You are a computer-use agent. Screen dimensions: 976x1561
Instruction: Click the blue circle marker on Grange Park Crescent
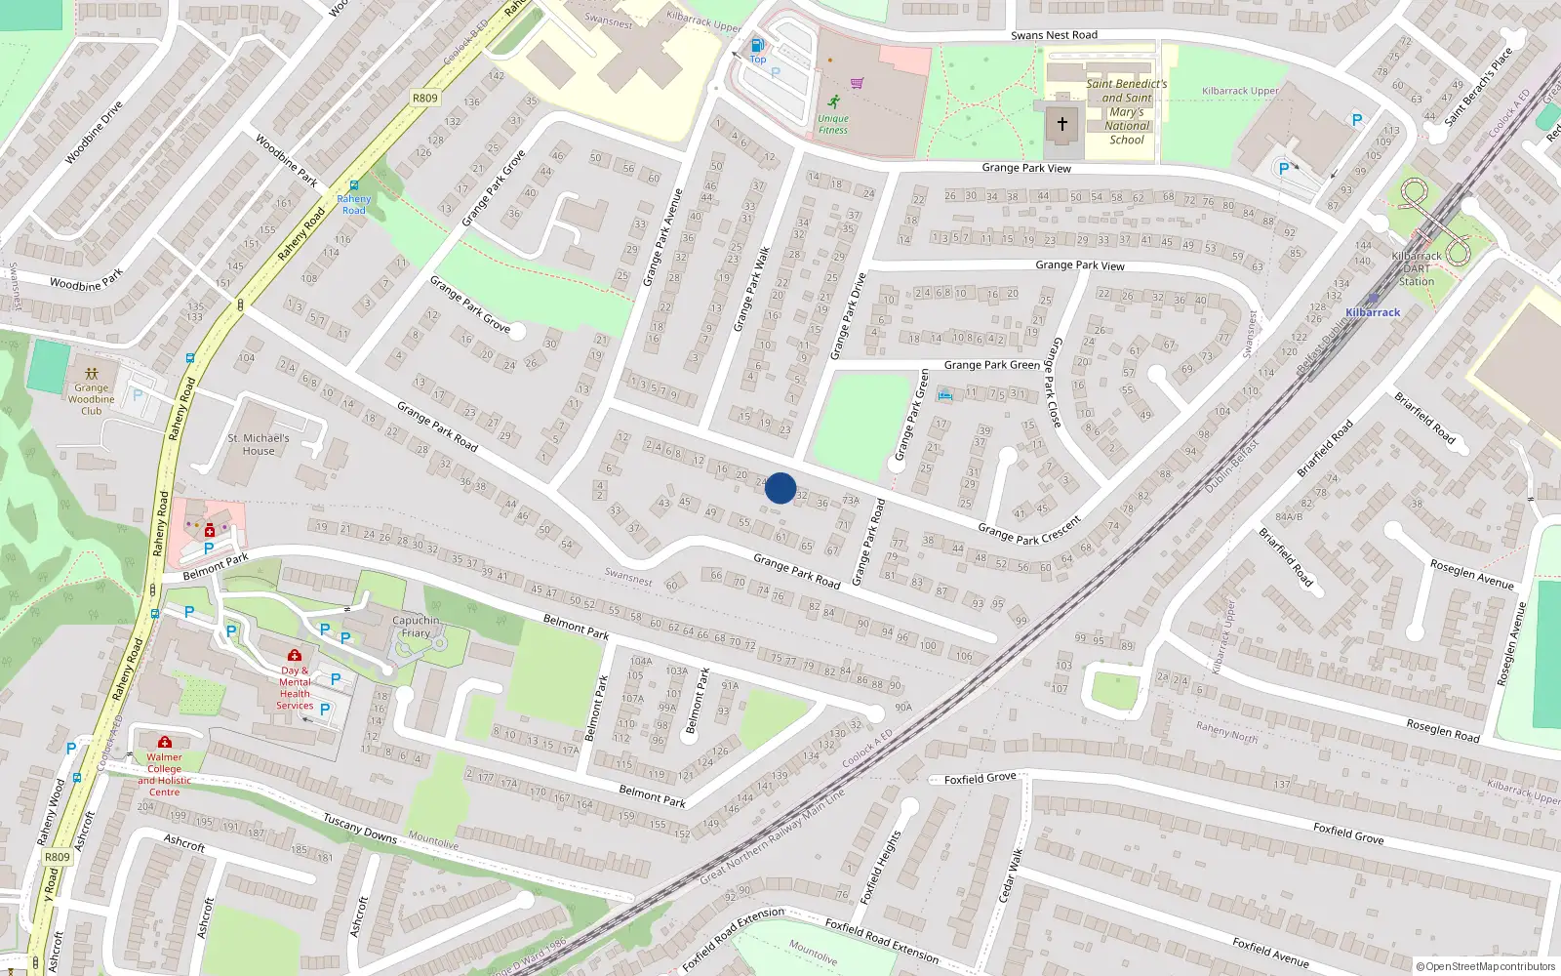[780, 488]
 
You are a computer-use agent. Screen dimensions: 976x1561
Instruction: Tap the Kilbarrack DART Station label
[1417, 268]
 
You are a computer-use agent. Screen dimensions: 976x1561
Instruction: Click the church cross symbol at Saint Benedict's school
[1062, 125]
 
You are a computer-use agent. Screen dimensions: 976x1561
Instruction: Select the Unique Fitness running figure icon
[833, 102]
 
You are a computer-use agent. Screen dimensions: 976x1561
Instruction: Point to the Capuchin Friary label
[416, 627]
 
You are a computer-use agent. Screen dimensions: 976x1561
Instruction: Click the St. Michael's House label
[259, 444]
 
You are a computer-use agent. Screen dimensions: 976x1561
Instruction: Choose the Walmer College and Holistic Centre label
[164, 774]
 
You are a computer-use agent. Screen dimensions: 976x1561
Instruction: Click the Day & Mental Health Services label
[295, 688]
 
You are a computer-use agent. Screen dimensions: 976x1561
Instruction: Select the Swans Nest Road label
[1054, 35]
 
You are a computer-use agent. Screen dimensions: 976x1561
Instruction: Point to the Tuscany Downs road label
[360, 828]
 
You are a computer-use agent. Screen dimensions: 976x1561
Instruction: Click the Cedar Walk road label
[1011, 875]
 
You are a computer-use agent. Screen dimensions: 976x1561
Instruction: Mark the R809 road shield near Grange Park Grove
[425, 98]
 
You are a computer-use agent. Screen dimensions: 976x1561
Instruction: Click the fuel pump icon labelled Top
[757, 46]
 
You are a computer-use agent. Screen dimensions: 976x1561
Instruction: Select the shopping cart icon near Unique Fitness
[857, 83]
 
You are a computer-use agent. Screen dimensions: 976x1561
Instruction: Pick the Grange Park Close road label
[1055, 382]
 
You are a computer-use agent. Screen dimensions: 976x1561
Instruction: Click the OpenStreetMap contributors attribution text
[1489, 967]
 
